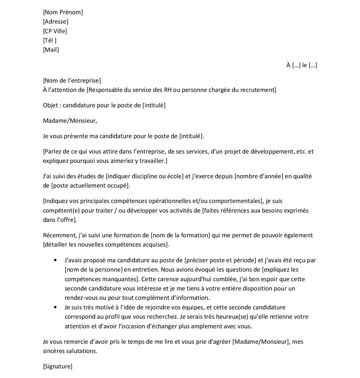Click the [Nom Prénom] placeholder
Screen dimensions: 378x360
pyautogui.click(x=63, y=12)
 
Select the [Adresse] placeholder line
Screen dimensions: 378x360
pyautogui.click(x=56, y=22)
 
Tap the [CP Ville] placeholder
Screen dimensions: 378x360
pyautogui.click(x=55, y=31)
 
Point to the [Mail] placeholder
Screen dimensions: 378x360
pyautogui.click(x=51, y=50)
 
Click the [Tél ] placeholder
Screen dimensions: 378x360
pyautogui.click(x=50, y=40)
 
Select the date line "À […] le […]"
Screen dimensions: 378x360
pyautogui.click(x=301, y=65)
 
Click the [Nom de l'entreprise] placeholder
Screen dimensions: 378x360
pyautogui.click(x=72, y=81)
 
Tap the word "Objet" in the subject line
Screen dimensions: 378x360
pyautogui.click(x=50, y=105)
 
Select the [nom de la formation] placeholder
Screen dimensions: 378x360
pyautogui.click(x=180, y=235)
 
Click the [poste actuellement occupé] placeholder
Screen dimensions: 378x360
pyautogui.click(x=91, y=186)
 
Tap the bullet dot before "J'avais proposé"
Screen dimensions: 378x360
pyautogui.click(x=55, y=260)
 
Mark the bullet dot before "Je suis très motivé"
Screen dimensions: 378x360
pyautogui.click(x=55, y=307)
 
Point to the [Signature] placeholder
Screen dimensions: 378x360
pyautogui.click(x=57, y=366)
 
